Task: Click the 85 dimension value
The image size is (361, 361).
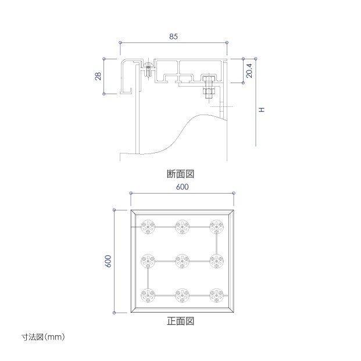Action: pos(174,37)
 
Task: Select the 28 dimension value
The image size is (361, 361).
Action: pos(98,76)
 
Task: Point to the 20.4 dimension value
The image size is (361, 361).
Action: pos(249,70)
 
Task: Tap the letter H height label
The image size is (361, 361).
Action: pos(262,110)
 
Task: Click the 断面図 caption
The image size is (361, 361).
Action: pos(180,174)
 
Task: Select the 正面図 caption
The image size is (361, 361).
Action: pos(180,321)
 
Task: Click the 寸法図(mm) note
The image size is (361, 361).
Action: pos(43,337)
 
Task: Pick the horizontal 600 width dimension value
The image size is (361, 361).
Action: pos(182,187)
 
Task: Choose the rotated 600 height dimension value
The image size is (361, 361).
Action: pos(108,261)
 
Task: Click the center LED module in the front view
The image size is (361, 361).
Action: pos(183,262)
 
